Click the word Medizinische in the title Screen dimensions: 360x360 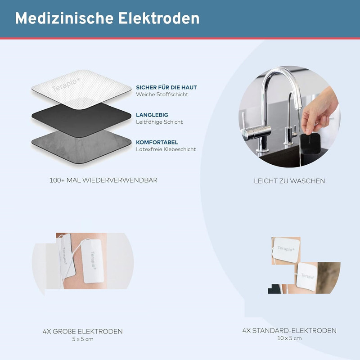tap(64, 18)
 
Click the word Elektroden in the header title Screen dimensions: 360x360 tap(159, 18)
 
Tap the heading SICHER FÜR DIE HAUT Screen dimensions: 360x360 tap(166, 87)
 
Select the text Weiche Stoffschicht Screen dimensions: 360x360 tap(162, 94)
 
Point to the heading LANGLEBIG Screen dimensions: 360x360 tap(152, 115)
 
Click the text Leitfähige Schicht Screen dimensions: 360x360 tap(159, 122)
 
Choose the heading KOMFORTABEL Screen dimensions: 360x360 tap(157, 142)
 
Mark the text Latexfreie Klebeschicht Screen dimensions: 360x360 tap(166, 149)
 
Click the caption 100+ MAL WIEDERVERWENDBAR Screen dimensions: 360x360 tap(103, 180)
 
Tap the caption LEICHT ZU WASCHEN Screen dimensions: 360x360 tap(289, 181)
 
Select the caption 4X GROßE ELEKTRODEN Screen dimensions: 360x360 tap(83, 332)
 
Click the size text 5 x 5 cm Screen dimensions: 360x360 tap(83, 339)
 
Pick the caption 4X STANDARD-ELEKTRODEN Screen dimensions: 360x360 tap(289, 331)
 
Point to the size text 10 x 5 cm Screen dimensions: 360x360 tap(289, 338)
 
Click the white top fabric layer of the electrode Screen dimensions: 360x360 tap(81, 89)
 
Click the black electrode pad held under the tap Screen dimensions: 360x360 tap(310, 144)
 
